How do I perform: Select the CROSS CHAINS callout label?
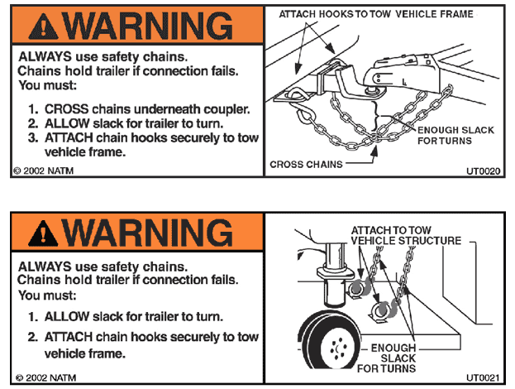(x=306, y=165)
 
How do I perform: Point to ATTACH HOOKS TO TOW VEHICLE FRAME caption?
(x=375, y=14)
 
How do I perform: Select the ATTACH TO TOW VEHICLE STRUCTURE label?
(x=406, y=234)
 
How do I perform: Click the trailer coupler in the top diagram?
(x=403, y=66)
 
